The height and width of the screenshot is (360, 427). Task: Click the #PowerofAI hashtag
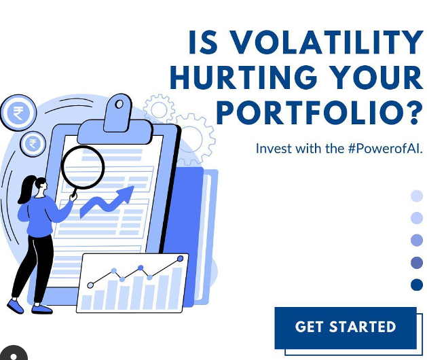click(x=385, y=149)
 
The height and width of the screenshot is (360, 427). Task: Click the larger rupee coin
click(x=18, y=113)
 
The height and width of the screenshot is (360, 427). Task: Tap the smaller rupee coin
click(x=33, y=143)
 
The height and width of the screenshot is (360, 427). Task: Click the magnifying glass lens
click(x=83, y=167)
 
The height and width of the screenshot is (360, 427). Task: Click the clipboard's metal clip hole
click(x=119, y=104)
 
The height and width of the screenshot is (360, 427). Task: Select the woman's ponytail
click(x=25, y=190)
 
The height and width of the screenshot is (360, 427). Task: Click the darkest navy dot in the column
click(x=417, y=285)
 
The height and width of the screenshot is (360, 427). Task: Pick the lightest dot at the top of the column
click(x=417, y=196)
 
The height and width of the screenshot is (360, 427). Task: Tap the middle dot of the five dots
click(x=417, y=240)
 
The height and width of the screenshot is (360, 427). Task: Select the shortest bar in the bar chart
click(x=87, y=302)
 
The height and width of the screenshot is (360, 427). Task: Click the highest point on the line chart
click(x=180, y=259)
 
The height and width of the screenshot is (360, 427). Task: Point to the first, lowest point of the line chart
click(x=90, y=285)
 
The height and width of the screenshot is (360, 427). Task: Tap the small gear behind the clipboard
click(x=159, y=109)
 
